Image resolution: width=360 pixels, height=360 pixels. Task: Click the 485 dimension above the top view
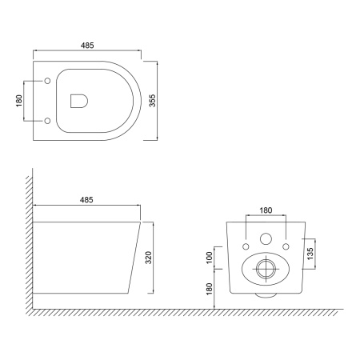click(x=87, y=47)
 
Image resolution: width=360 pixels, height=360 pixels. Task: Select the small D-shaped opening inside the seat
click(x=79, y=101)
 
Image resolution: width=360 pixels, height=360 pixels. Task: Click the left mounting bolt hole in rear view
click(x=246, y=238)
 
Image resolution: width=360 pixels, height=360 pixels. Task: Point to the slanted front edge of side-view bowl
click(x=136, y=256)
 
